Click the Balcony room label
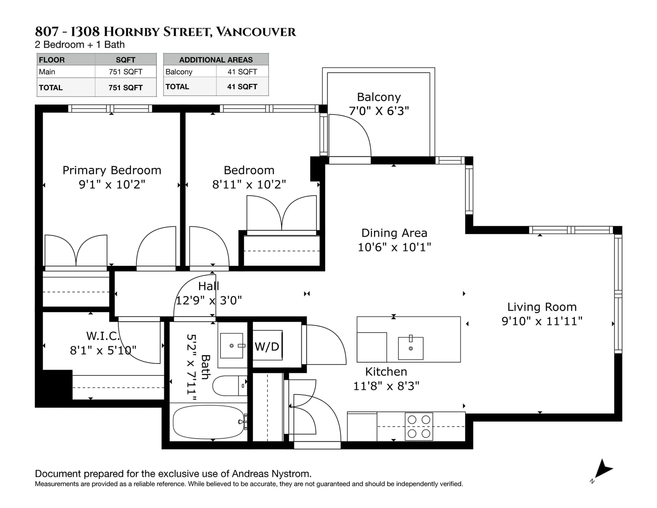(x=379, y=97)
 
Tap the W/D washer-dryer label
(x=266, y=347)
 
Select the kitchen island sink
(x=410, y=348)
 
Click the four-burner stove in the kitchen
(x=419, y=426)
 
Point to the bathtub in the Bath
(x=209, y=422)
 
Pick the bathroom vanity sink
(x=232, y=346)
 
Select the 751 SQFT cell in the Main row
(x=126, y=72)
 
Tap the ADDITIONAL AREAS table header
(x=216, y=60)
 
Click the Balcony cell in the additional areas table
(x=179, y=72)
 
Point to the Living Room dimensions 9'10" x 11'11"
(x=542, y=321)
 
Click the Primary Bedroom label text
(x=112, y=170)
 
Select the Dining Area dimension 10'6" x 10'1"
(x=394, y=247)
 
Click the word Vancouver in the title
(x=256, y=32)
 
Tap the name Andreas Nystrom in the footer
(x=271, y=474)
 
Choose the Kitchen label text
(x=386, y=372)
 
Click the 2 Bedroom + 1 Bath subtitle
(x=80, y=45)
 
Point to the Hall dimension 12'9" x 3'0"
(x=209, y=301)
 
